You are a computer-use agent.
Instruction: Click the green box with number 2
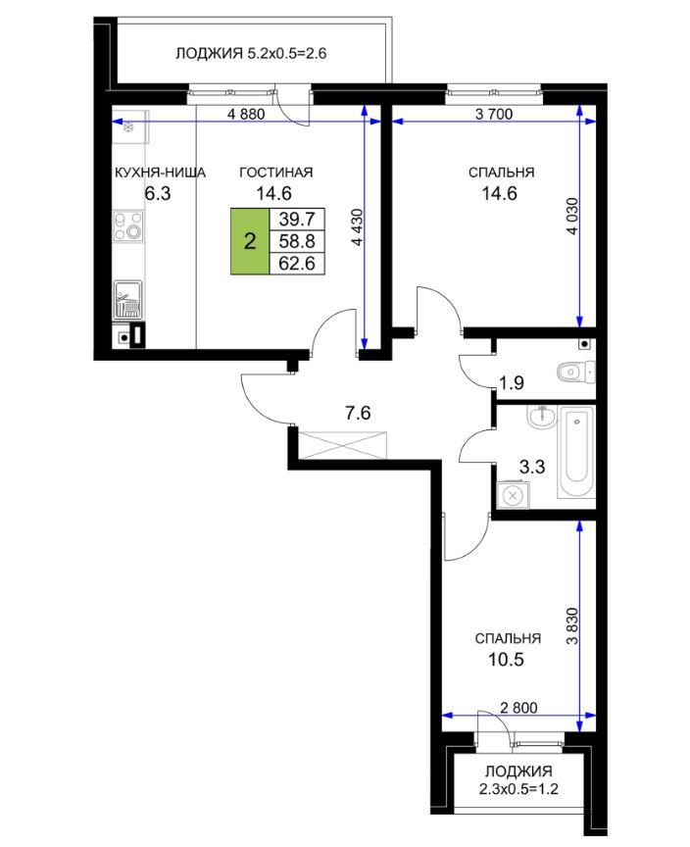pos(250,241)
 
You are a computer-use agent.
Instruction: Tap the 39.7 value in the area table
pos(296,219)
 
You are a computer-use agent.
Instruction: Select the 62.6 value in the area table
pos(296,264)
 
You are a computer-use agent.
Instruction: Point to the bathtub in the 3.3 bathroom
pos(577,452)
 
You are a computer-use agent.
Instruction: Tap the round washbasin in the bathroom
pos(541,417)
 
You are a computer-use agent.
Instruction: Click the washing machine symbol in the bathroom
pos(513,495)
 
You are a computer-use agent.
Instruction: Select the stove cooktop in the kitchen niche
pos(129,225)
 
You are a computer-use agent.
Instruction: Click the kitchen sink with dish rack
pos(128,300)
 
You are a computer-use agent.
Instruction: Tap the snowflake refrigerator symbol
pos(128,127)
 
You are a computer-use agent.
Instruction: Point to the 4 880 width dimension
pos(246,114)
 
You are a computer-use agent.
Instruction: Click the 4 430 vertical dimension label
pos(357,227)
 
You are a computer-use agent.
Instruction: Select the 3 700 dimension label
pos(494,114)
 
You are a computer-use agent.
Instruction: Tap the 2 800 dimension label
pos(518,707)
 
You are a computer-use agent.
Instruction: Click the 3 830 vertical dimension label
pos(571,626)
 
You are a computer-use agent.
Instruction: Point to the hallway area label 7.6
pos(358,414)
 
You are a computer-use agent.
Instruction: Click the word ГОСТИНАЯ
pos(275,173)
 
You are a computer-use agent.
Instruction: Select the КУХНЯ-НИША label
pos(160,173)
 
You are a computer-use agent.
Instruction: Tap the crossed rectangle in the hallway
pos(342,445)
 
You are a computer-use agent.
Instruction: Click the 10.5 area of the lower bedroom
pos(507,660)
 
